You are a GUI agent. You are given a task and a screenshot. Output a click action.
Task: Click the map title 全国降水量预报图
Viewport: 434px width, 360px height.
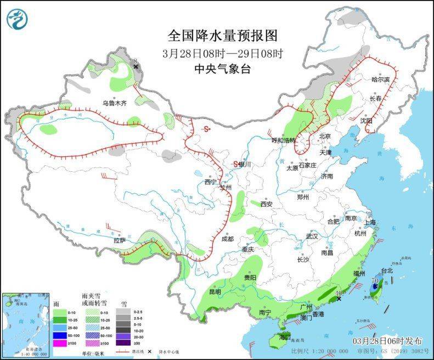(x=222, y=36)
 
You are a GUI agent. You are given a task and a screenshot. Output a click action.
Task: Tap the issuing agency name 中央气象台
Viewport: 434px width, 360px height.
(x=222, y=69)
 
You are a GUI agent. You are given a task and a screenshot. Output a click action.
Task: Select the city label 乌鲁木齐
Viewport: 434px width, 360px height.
(x=114, y=103)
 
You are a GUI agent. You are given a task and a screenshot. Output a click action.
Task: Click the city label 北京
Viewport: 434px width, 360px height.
(x=325, y=137)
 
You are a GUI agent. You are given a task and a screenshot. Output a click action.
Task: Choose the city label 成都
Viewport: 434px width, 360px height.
(x=227, y=239)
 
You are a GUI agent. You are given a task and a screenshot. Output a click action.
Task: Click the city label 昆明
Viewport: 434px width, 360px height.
(x=215, y=292)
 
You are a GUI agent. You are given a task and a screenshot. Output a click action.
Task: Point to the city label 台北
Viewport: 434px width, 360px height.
(x=387, y=271)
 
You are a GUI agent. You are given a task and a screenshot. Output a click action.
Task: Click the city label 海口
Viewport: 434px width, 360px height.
(x=284, y=336)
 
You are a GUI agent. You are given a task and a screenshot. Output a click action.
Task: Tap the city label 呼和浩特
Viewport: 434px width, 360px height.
(x=284, y=140)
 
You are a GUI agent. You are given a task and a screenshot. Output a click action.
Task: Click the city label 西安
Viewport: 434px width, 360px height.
(x=266, y=204)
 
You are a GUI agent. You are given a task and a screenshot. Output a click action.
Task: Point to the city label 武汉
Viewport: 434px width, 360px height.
(x=312, y=236)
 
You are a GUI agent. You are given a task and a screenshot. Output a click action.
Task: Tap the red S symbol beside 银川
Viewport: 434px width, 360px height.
(x=235, y=164)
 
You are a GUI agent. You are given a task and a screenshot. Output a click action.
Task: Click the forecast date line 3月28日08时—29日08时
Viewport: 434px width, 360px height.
(x=222, y=53)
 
